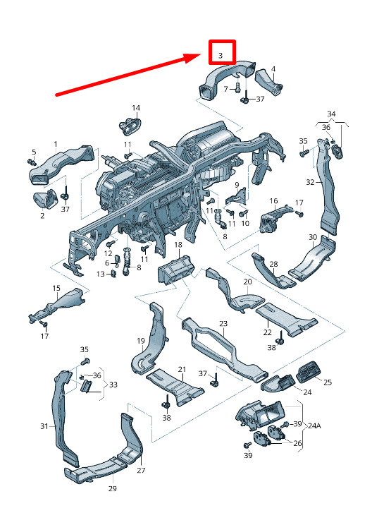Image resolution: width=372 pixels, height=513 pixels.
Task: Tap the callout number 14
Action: pos(136,108)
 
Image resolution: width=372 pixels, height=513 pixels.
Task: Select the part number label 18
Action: pos(178,245)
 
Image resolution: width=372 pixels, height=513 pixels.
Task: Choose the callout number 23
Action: pos(223,324)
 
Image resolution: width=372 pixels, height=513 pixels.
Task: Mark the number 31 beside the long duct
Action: pos(44,426)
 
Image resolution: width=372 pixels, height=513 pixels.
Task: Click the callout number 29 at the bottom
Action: pos(111,489)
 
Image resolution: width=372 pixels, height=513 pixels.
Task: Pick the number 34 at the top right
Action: pos(332,114)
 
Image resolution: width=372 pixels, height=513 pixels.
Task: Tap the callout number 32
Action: pos(310,182)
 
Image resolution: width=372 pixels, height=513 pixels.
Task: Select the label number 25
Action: pos(328,382)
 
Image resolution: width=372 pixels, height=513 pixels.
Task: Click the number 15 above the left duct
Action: pos(56,288)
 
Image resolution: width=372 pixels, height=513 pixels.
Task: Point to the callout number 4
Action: pos(273,69)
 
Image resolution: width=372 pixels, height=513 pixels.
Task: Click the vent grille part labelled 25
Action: pos(308,370)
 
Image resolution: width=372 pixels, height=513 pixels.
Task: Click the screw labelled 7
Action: pos(237,89)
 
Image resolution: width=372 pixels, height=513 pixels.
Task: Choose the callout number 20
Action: pos(247,282)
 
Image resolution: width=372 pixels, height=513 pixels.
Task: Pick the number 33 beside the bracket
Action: pos(113,385)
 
